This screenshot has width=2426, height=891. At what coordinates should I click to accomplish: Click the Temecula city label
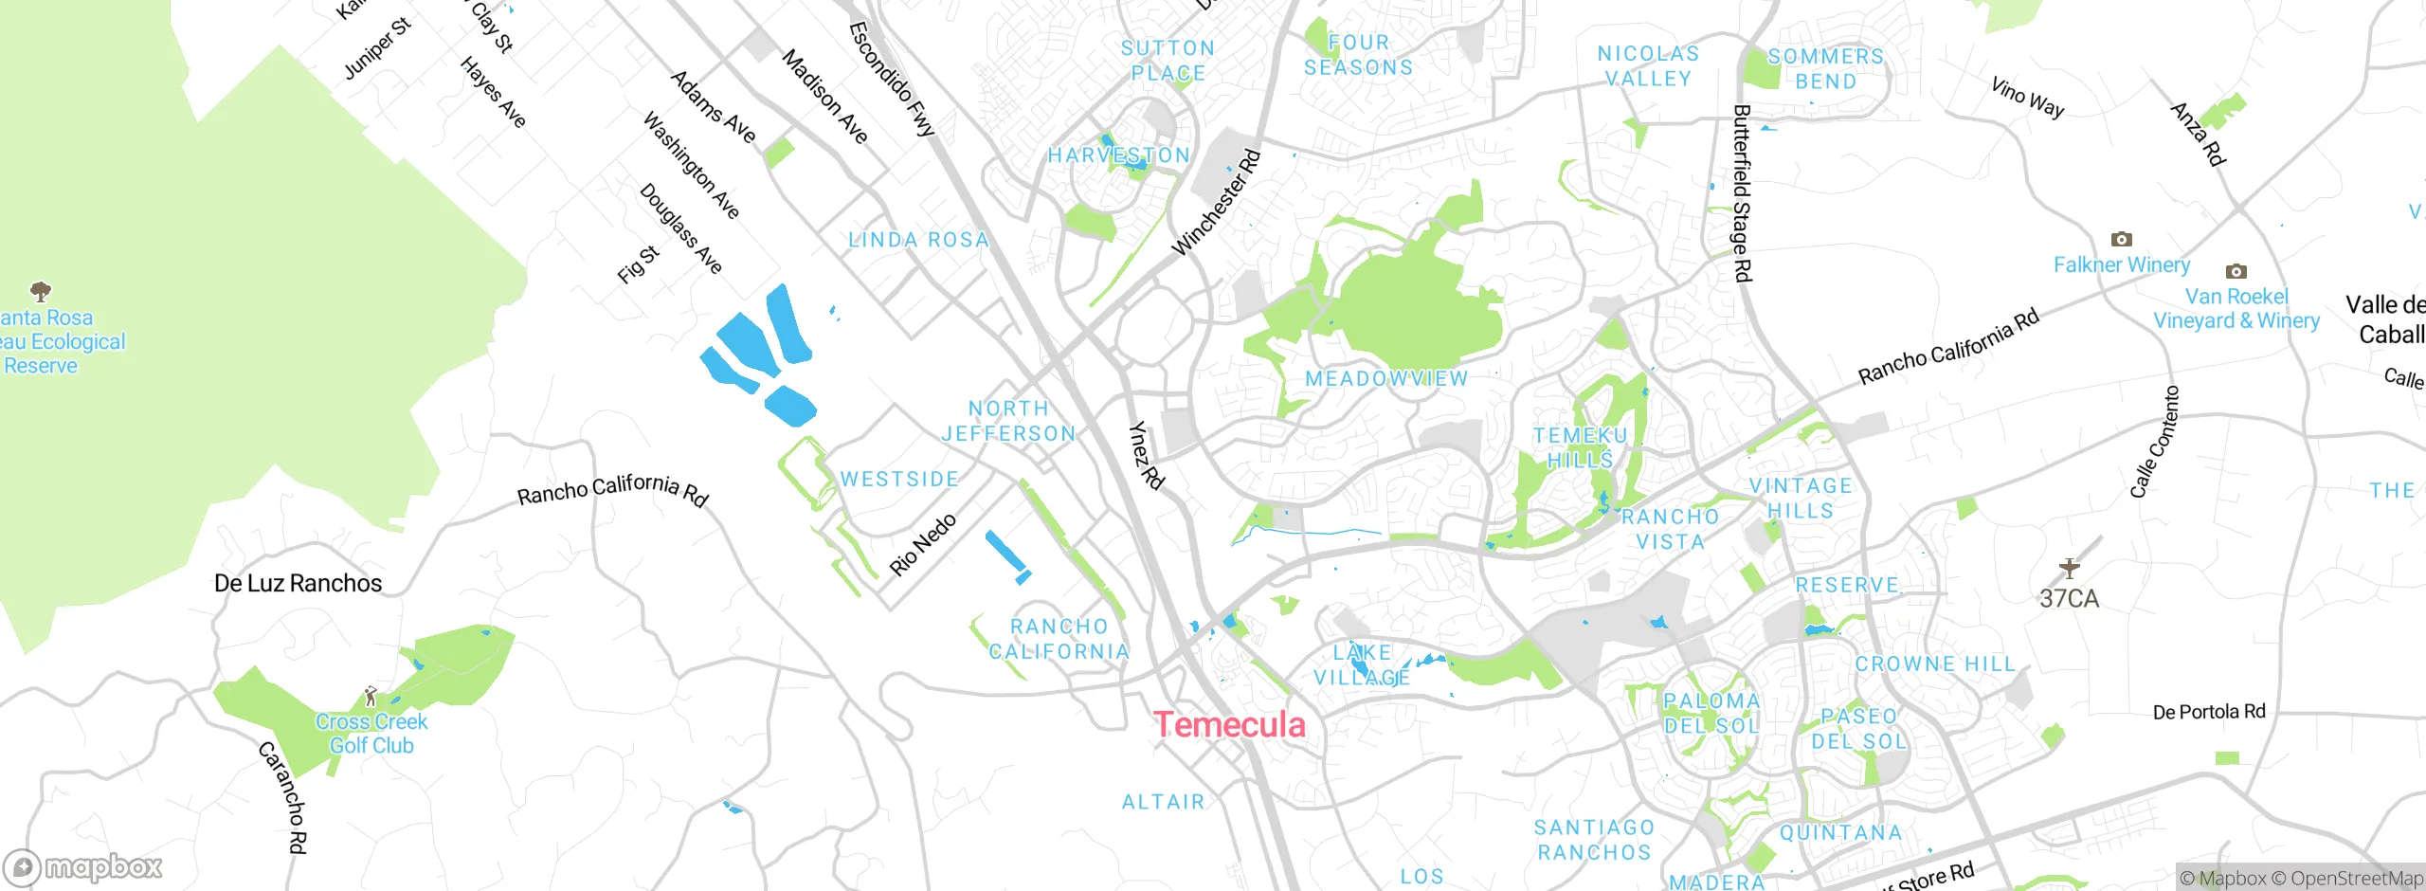coord(1230,725)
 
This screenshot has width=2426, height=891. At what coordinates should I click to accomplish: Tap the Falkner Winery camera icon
coord(2122,239)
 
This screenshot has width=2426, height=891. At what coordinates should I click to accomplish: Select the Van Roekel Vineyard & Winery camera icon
coord(2236,271)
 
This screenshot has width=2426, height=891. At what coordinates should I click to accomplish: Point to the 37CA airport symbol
coord(2070,568)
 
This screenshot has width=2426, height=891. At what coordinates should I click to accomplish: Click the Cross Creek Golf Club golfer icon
coord(371,697)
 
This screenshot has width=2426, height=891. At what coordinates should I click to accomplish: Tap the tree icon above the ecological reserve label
coord(40,290)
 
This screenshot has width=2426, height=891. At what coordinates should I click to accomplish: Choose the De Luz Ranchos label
coord(298,583)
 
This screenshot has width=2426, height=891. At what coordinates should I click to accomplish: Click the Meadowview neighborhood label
coord(1386,378)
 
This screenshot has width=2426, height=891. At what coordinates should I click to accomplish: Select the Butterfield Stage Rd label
coord(1742,192)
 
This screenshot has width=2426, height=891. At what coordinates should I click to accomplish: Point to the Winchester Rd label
coord(1217,202)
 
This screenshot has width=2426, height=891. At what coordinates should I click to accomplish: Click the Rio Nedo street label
coord(922,545)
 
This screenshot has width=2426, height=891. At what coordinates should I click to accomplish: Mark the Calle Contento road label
coord(2154,442)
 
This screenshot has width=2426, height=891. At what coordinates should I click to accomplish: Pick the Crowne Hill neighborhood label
coord(1935,664)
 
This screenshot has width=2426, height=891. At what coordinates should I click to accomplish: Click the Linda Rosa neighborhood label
coord(918,240)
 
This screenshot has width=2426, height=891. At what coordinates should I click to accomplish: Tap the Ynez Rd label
coord(1146,455)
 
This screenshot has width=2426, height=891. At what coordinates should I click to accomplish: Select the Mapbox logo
coord(83,866)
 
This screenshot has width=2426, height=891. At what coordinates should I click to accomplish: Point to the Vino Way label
coord(2027,98)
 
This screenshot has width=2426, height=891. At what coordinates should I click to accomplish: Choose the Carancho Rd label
coord(282,797)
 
